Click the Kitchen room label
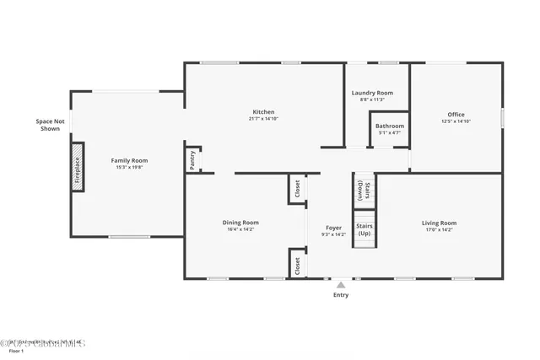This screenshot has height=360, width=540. click(x=263, y=112)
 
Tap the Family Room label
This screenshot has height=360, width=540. click(x=129, y=160)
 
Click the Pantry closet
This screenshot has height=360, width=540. click(x=192, y=160)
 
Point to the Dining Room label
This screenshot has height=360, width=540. click(x=240, y=223)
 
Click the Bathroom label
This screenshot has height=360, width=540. click(x=389, y=126)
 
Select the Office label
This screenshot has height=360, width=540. click(x=456, y=115)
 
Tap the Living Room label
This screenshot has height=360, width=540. click(x=439, y=223)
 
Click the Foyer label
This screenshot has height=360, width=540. click(x=334, y=228)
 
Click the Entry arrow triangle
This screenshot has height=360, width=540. click(x=341, y=286)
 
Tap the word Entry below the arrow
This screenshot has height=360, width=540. click(x=340, y=295)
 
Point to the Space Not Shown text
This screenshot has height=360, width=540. click(x=50, y=125)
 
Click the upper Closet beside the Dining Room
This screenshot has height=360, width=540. click(x=297, y=189)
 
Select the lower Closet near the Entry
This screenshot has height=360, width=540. click(x=297, y=264)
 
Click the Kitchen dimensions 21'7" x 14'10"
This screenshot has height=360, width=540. click(x=263, y=119)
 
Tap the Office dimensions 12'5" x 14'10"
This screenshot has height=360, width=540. click(x=456, y=121)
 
